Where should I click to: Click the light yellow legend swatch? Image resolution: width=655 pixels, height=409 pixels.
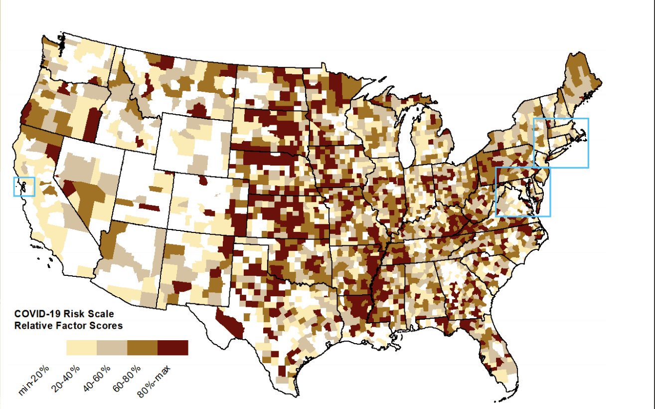tap(81, 348)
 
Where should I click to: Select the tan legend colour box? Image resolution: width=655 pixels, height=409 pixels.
tap(112, 348)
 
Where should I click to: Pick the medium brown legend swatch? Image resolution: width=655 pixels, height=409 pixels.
tap(142, 348)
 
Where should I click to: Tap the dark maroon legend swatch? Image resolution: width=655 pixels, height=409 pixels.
tap(173, 348)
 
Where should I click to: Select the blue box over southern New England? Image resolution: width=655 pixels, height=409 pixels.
tap(561, 143)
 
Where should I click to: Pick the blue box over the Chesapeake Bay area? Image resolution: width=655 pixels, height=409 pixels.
tap(523, 192)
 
